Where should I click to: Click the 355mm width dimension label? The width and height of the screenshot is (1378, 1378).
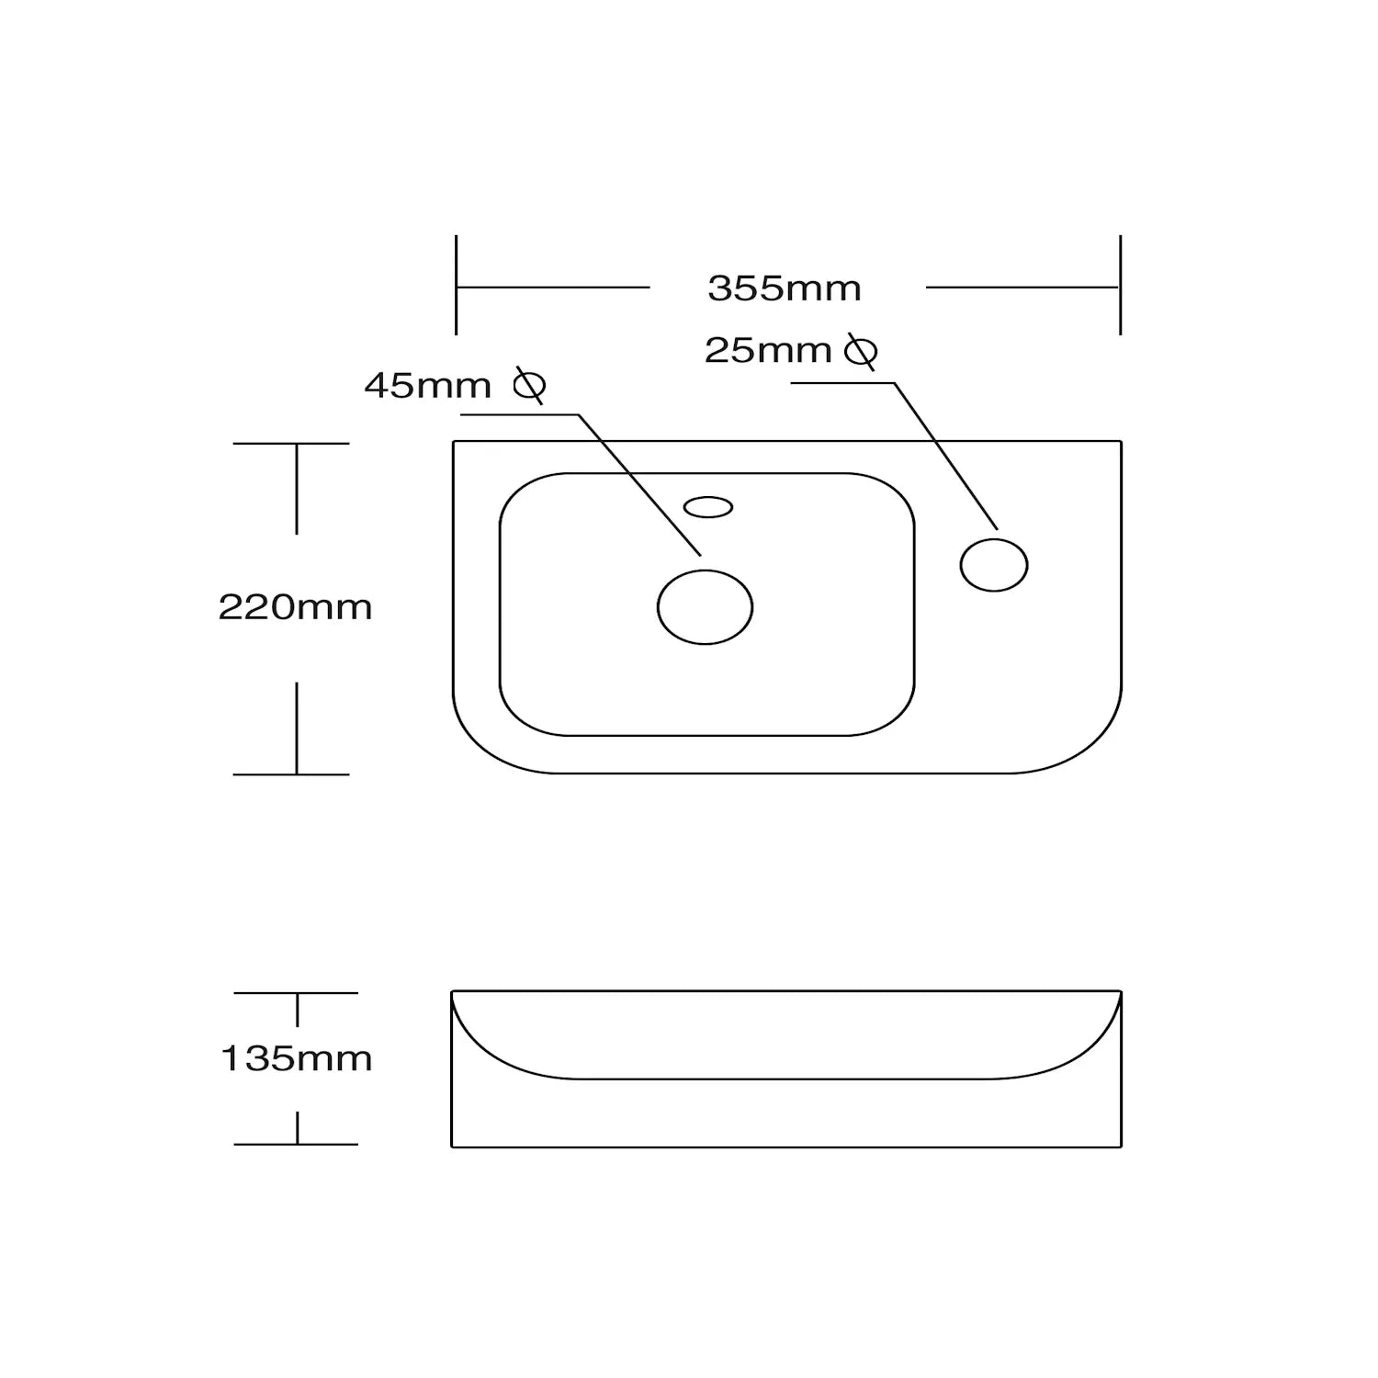point(785,288)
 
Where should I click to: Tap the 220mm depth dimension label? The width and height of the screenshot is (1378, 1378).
point(295,607)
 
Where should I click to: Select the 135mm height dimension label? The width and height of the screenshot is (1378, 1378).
point(297,1058)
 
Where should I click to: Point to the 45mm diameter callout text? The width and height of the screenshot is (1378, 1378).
point(428,386)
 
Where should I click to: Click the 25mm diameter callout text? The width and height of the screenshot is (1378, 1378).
point(768,350)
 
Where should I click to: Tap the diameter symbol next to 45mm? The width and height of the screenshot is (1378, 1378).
point(530,386)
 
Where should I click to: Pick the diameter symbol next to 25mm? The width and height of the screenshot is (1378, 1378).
point(861,351)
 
